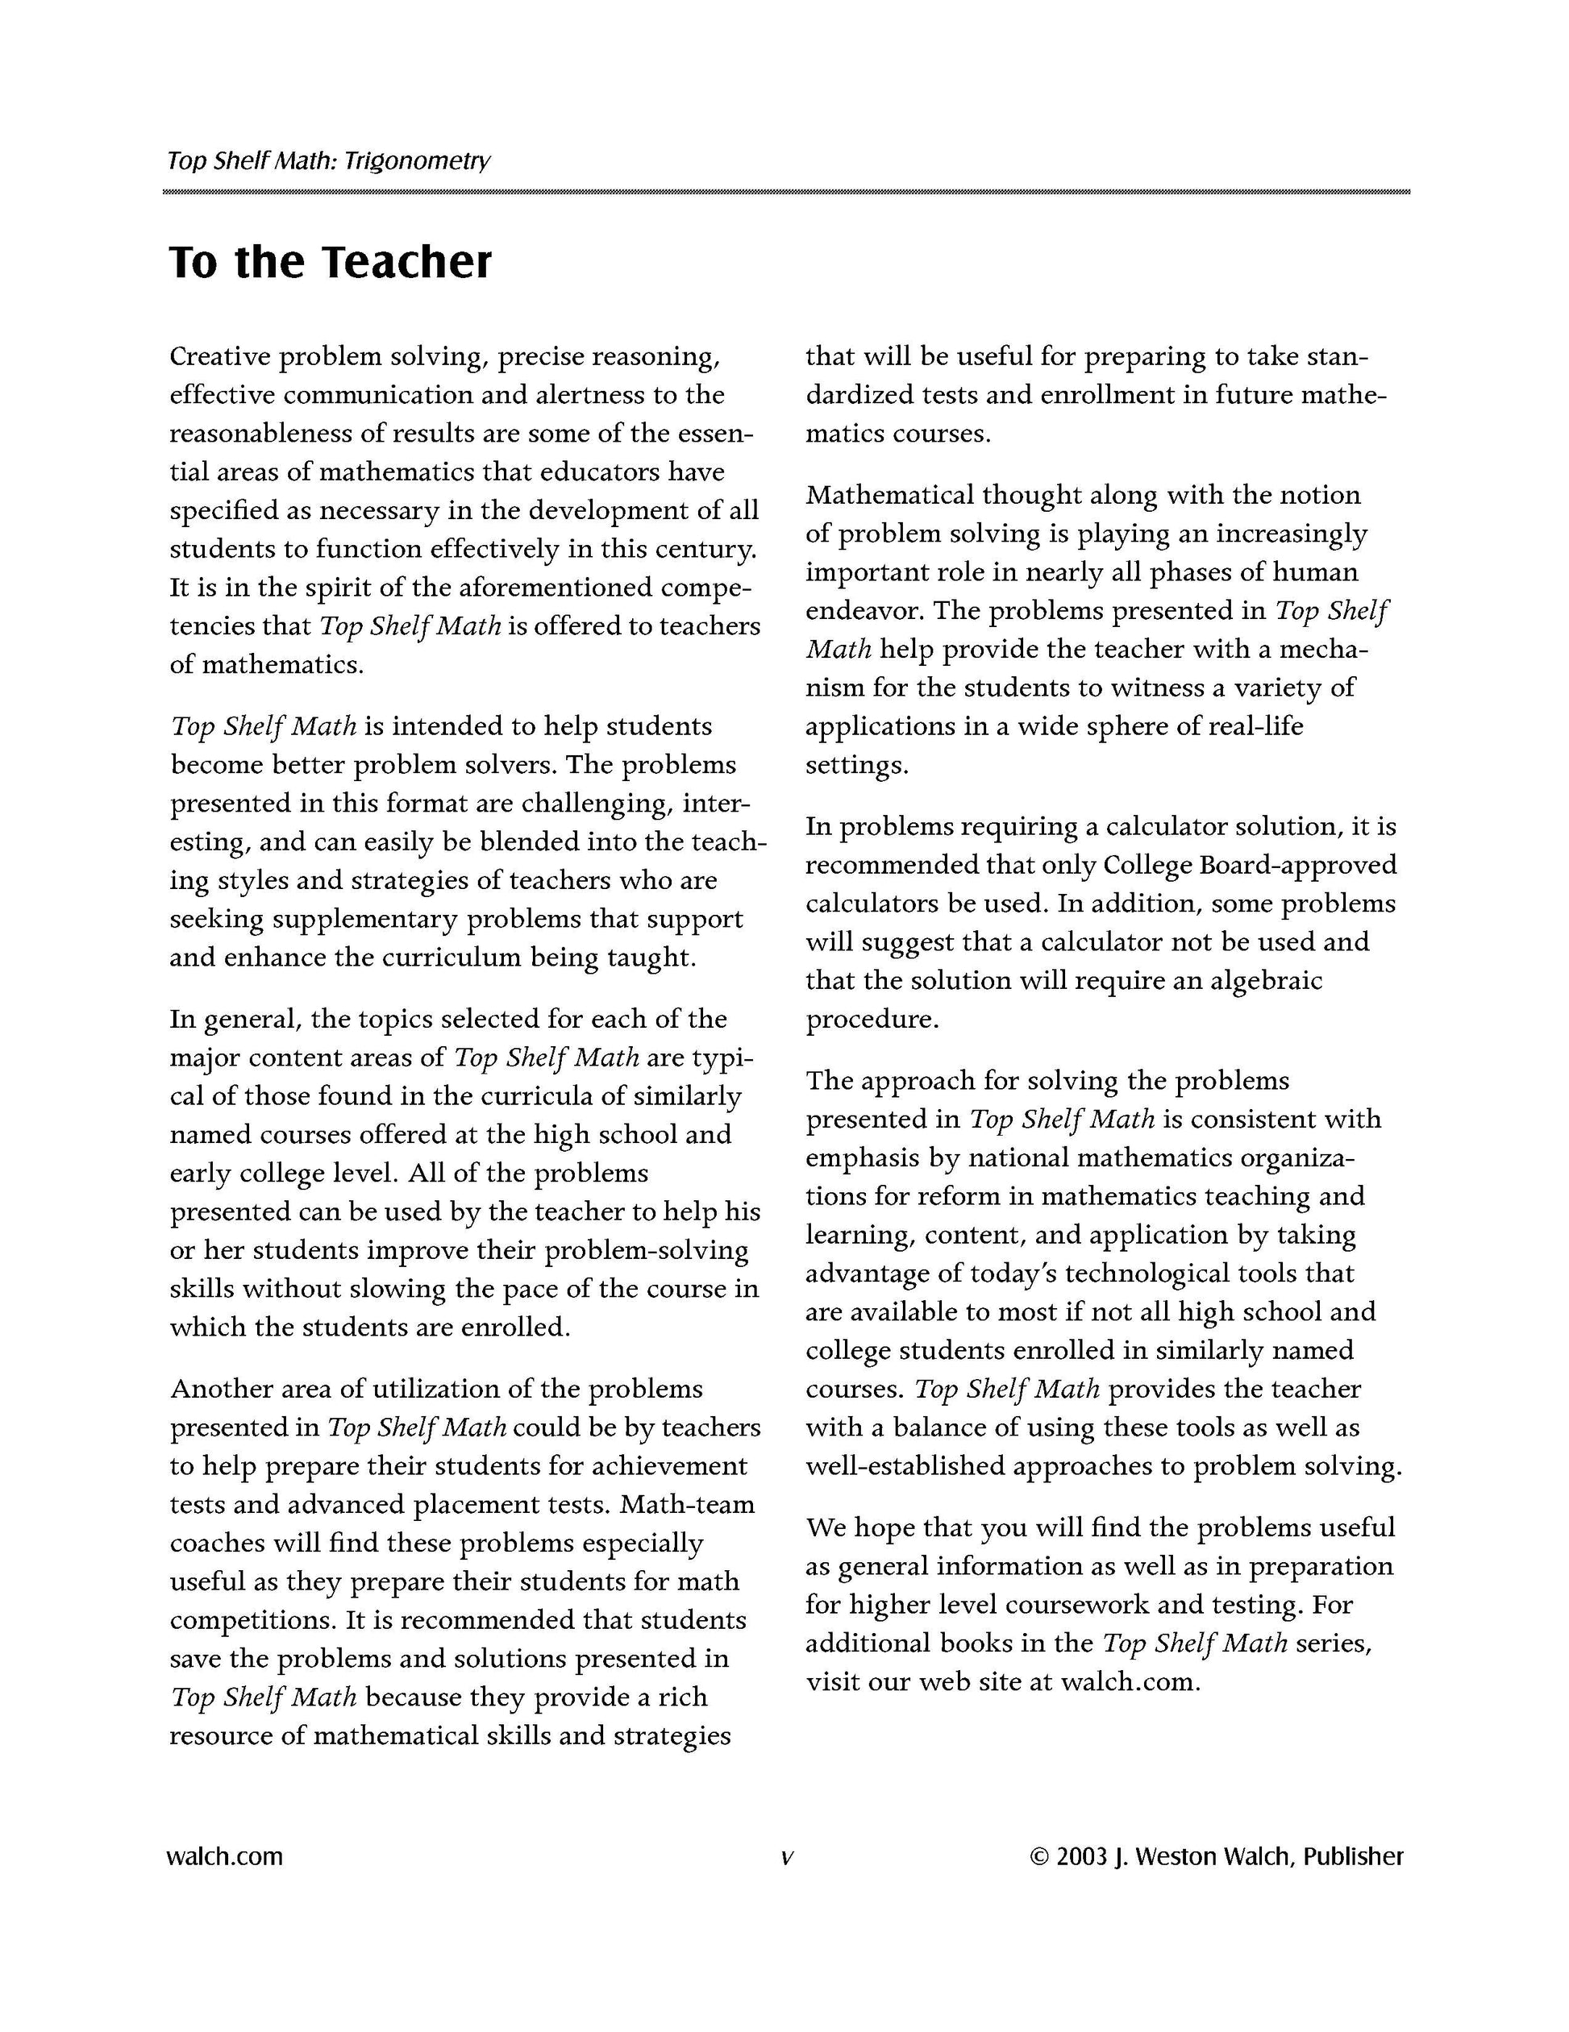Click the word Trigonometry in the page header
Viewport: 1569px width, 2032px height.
(x=416, y=161)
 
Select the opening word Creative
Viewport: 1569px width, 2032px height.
(x=219, y=357)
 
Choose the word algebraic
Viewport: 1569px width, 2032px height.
(x=1266, y=981)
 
